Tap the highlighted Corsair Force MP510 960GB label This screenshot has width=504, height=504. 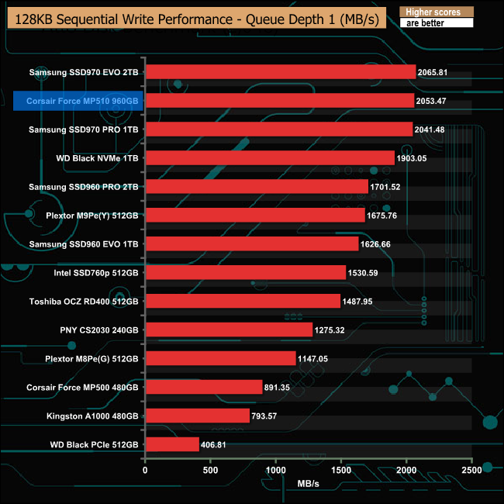point(76,101)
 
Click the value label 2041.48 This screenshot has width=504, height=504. point(435,129)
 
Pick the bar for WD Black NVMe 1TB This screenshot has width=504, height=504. point(270,158)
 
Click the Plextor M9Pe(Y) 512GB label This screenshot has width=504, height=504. point(88,216)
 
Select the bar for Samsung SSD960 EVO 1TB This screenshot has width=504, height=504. point(252,243)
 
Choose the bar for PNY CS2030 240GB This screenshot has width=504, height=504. point(229,330)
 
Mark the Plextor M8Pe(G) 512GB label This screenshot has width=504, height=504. point(88,358)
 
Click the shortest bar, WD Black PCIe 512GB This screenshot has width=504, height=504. point(172,444)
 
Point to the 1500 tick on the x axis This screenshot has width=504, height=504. point(340,470)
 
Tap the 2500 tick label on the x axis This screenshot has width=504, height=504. point(471,470)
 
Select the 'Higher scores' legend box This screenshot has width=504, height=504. point(435,12)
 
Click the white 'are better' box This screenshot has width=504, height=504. point(435,23)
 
